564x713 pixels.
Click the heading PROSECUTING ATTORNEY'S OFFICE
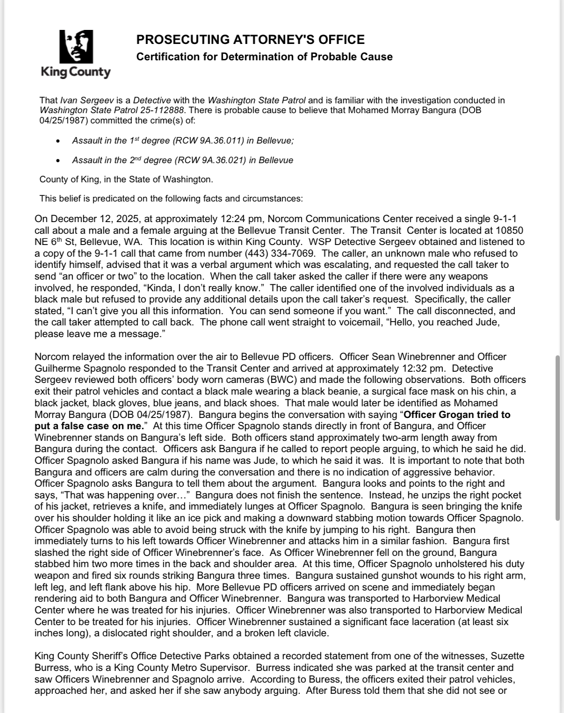pos(250,40)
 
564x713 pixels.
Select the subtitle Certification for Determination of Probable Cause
pos(264,57)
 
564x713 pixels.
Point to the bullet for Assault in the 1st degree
pos(58,141)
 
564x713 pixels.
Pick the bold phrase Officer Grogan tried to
pos(457,415)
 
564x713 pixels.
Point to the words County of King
pos(70,180)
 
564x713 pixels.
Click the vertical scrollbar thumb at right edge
pos(557,437)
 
